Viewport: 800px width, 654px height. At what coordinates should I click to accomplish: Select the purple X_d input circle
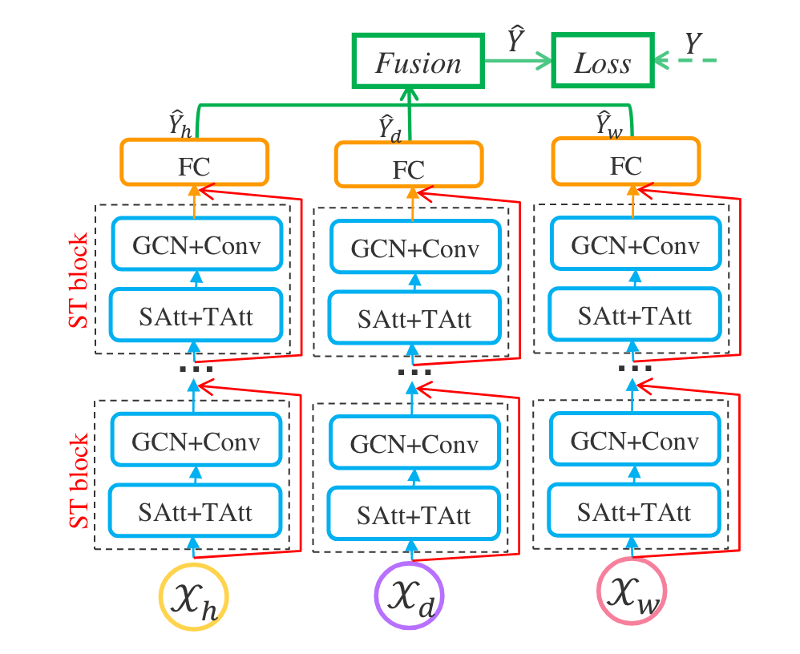coord(409,596)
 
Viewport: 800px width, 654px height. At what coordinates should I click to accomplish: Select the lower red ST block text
coord(81,481)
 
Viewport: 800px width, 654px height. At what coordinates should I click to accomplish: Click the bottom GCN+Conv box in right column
coord(633,442)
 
